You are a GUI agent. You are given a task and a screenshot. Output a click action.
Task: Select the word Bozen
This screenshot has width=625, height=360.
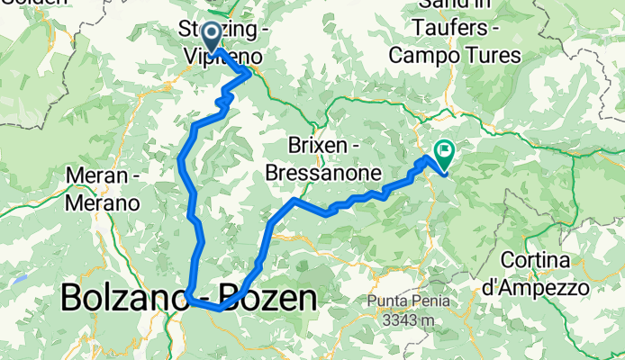coord(270,298)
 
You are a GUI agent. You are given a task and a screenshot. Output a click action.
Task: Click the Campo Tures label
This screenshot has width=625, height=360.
coord(455,56)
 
